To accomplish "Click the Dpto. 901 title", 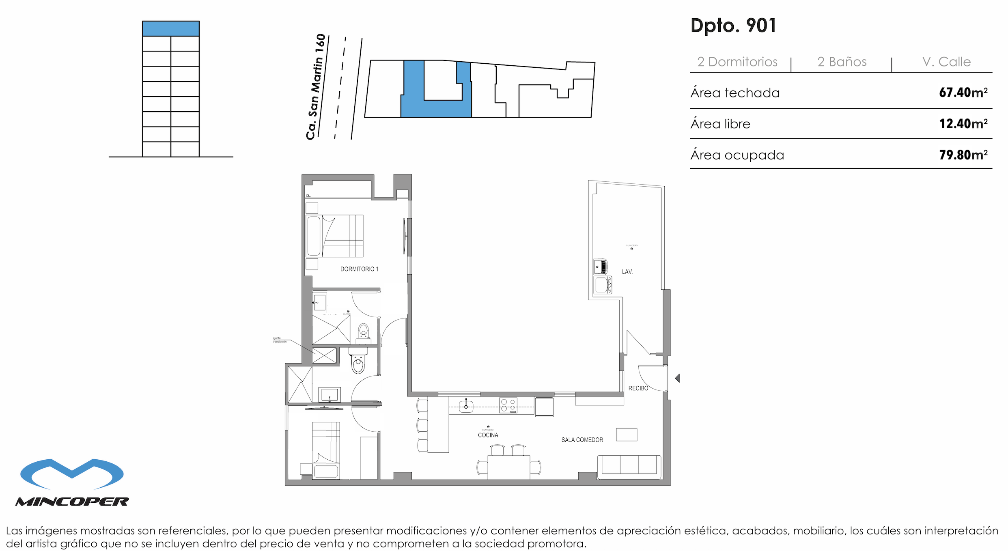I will (733, 26).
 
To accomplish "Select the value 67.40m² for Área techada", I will (963, 93).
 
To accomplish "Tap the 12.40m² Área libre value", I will (963, 124).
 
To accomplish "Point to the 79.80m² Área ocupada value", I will (963, 155).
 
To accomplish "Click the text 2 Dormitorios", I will (737, 62).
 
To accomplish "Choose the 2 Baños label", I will (842, 62).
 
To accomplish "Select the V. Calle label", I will (946, 62).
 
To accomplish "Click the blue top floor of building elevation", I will (170, 29).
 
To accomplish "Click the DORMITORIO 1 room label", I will (359, 269).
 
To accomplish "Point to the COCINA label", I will (488, 435).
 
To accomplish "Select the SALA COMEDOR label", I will (582, 440).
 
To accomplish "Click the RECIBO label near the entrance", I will (638, 388).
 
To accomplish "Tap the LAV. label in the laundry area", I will (627, 272).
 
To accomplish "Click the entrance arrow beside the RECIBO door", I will (677, 378).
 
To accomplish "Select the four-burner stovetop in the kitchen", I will (508, 405).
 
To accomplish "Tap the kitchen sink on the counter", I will (466, 406).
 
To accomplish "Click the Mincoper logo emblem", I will (72, 474).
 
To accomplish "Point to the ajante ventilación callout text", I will (279, 340).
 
